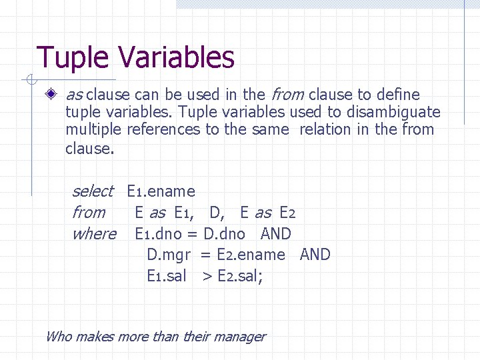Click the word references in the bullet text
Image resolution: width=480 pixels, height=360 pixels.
click(163, 129)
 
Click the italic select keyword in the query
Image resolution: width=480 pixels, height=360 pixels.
click(92, 192)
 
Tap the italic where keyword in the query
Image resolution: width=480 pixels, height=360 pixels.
click(93, 234)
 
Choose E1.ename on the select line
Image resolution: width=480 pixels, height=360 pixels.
click(161, 192)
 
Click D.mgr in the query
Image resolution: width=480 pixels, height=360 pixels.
click(169, 255)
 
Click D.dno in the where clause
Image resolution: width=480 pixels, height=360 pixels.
click(224, 234)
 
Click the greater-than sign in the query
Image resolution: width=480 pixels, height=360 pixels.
click(207, 275)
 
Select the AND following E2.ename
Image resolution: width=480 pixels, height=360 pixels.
click(315, 255)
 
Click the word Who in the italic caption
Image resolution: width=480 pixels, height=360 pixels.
click(58, 337)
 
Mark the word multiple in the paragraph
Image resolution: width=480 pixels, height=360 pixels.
click(93, 129)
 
